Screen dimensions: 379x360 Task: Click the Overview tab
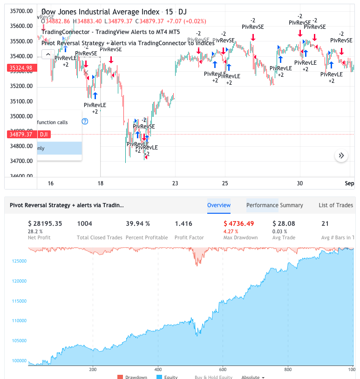pyautogui.click(x=219, y=205)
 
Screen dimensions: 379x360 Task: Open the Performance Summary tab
pyautogui.click(x=274, y=205)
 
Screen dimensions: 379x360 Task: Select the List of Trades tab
pyautogui.click(x=336, y=205)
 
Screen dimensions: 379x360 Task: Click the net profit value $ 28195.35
pyautogui.click(x=45, y=223)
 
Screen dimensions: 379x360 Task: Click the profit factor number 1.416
pyautogui.click(x=183, y=223)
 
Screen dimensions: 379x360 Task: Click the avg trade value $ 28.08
pyautogui.click(x=284, y=223)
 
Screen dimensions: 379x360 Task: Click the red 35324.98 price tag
pyautogui.click(x=20, y=68)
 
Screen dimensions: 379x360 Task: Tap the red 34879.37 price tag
pyautogui.click(x=20, y=135)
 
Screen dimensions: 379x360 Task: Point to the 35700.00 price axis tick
pyautogui.click(x=21, y=11)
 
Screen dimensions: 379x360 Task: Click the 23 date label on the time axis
pyautogui.click(x=175, y=183)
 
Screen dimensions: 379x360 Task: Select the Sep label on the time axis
pyautogui.click(x=349, y=183)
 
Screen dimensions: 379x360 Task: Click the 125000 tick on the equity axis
pyautogui.click(x=19, y=261)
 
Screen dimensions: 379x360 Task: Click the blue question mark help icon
pyautogui.click(x=85, y=122)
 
